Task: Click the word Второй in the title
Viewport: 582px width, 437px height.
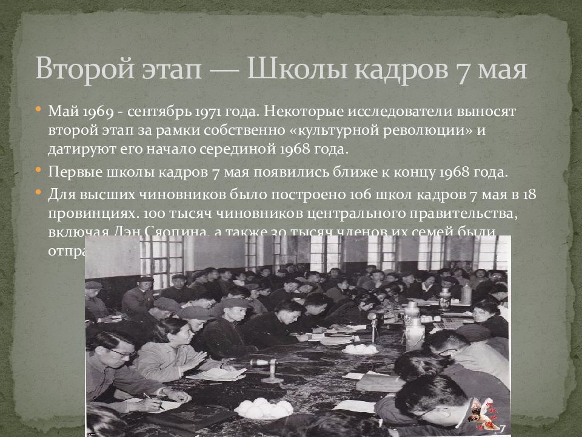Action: click(79, 69)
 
